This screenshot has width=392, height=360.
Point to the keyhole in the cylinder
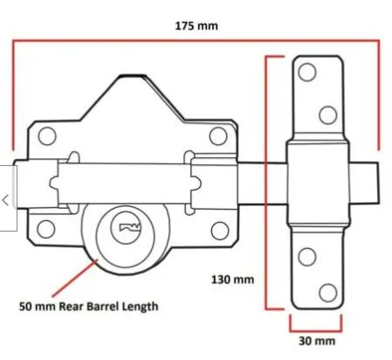click(x=128, y=229)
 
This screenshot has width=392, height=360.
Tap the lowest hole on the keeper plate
click(x=327, y=292)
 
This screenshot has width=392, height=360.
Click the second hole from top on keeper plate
click(x=327, y=114)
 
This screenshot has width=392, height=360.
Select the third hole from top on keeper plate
click(x=308, y=256)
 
